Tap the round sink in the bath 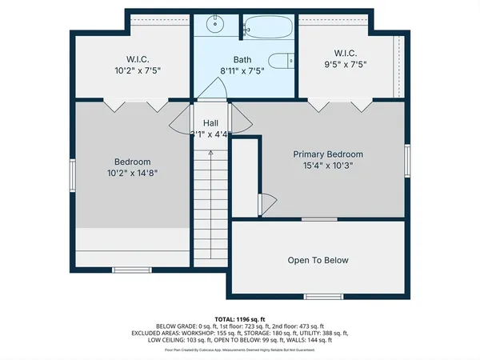(x=215, y=25)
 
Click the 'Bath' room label (x=242, y=59)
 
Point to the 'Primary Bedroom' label (x=328, y=154)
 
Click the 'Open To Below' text (x=318, y=260)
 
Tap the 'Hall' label (x=211, y=122)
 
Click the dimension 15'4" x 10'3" (x=328, y=166)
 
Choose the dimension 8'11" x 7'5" (x=242, y=70)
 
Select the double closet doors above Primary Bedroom (x=341, y=106)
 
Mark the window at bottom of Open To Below (x=318, y=297)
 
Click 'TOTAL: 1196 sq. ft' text (x=240, y=319)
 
